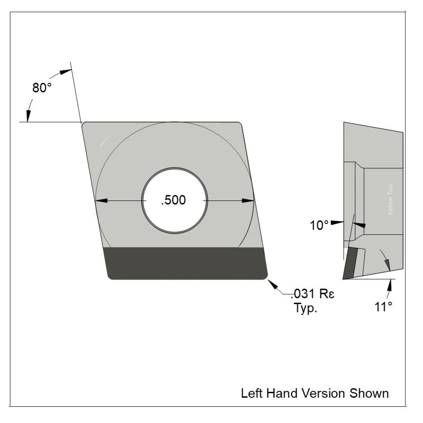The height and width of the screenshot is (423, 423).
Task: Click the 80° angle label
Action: point(42,88)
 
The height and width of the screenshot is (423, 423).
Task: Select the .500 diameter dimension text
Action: point(173,200)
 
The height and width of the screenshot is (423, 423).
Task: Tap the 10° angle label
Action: point(319,225)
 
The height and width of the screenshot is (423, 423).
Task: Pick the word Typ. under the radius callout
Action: point(304,309)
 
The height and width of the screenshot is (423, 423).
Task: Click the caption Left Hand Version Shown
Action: point(314,393)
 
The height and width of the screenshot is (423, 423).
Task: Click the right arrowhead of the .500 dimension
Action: point(248,200)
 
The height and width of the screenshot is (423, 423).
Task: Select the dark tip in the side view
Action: point(349,263)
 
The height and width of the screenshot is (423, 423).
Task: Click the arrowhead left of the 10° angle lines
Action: point(337,223)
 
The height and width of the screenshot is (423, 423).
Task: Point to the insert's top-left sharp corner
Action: point(83,124)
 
